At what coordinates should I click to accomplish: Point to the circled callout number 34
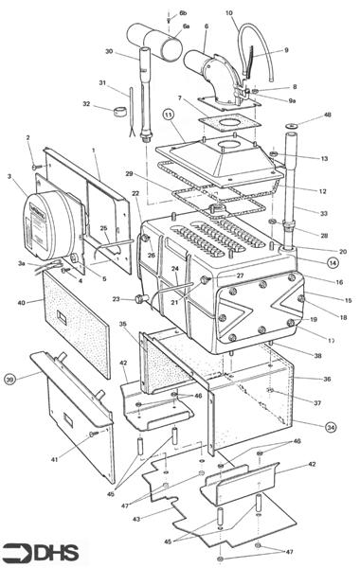click(331, 427)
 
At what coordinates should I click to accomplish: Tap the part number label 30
click(109, 52)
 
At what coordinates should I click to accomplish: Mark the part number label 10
click(229, 13)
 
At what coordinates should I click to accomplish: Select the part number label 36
click(327, 379)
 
